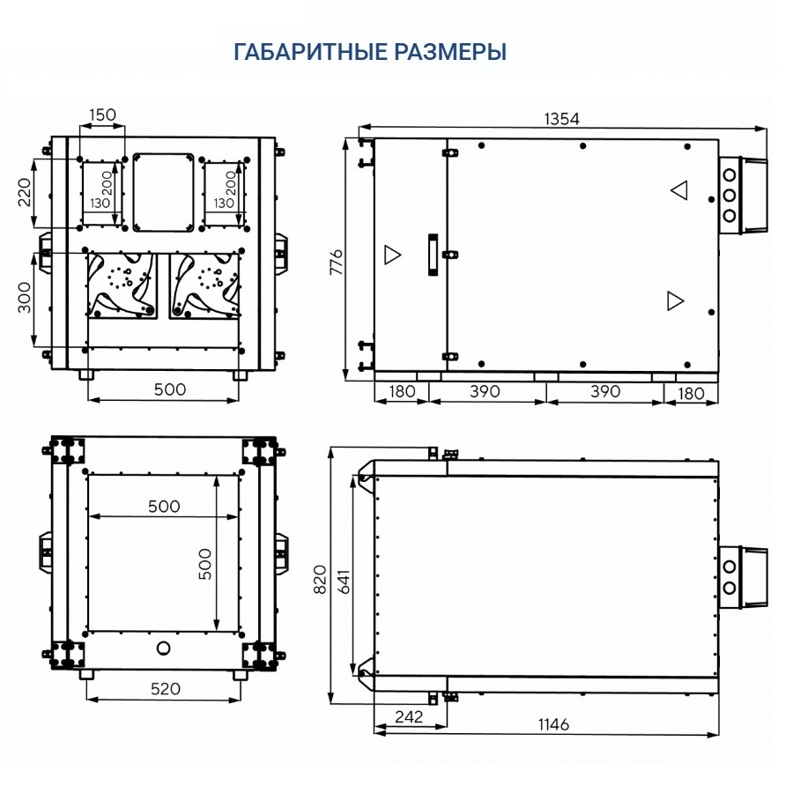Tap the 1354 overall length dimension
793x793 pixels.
tap(561, 119)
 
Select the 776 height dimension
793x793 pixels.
tap(337, 262)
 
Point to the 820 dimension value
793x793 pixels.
tap(320, 579)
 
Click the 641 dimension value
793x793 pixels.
tap(344, 582)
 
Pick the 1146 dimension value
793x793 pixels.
tap(553, 724)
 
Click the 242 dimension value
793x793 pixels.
tap(409, 716)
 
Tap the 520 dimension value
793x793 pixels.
tap(166, 689)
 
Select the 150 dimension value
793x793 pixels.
tap(103, 115)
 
